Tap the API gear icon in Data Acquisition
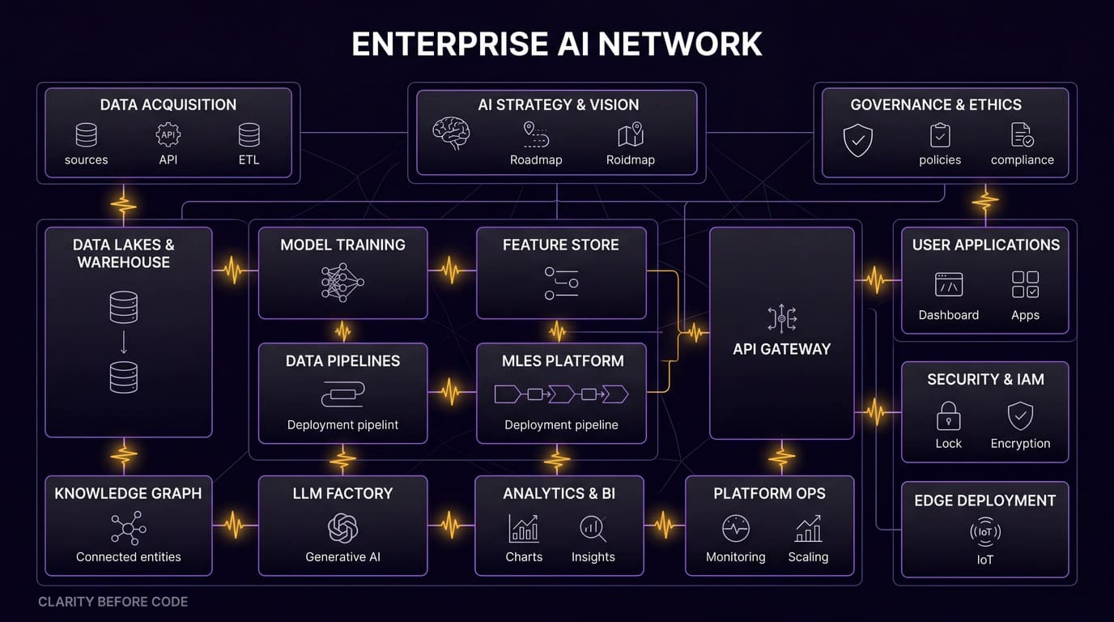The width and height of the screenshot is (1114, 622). (x=168, y=134)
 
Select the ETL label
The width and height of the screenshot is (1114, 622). (x=249, y=160)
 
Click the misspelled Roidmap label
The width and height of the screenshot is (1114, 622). (x=630, y=160)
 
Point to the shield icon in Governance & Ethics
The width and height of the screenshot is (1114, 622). (x=857, y=139)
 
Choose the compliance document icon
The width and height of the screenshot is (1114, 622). (x=1022, y=134)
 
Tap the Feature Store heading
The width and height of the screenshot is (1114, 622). (x=560, y=245)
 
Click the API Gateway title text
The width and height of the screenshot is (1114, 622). (x=781, y=349)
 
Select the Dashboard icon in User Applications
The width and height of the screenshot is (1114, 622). (x=948, y=284)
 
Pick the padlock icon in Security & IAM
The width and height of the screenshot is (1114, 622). (x=948, y=416)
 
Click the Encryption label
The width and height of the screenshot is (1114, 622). (x=1020, y=443)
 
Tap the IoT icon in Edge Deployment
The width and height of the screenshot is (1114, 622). (x=984, y=532)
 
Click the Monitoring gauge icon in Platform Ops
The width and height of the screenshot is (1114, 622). (x=735, y=529)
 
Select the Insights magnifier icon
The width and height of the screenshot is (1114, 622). (x=593, y=529)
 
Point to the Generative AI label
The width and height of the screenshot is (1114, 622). (x=342, y=556)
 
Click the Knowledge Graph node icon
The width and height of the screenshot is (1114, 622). (x=128, y=528)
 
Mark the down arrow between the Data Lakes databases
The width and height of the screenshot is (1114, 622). (x=124, y=343)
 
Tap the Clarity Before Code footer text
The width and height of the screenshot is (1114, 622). (x=113, y=602)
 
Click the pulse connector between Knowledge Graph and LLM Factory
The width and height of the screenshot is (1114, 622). (x=235, y=525)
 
